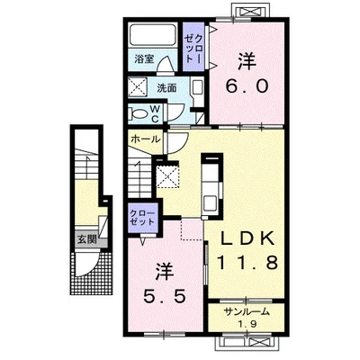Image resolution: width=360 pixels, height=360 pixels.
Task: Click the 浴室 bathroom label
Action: point(144,59)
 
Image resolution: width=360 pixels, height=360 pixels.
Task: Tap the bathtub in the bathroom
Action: point(153,35)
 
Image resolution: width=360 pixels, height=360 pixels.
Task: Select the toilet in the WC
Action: point(138,113)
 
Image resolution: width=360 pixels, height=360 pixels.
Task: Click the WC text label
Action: point(155,113)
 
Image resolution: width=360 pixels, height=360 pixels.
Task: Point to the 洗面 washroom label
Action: point(167,88)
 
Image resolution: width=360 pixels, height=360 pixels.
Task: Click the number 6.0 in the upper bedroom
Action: point(247,88)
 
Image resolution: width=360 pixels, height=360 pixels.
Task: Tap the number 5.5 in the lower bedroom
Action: point(164,296)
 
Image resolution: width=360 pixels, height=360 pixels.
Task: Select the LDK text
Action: point(247,238)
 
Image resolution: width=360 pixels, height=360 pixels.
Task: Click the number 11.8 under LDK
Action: point(247,263)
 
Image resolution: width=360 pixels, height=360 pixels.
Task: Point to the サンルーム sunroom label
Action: point(247,312)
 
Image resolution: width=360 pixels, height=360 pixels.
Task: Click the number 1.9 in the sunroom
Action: point(247,324)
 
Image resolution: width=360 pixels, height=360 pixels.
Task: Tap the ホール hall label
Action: point(145,139)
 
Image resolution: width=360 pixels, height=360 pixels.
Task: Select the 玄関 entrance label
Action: point(87,239)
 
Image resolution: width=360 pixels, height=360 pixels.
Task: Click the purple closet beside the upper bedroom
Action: point(193,47)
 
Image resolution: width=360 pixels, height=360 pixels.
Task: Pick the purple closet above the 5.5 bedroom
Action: point(142,218)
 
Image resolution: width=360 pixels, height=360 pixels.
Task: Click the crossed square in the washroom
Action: point(138,87)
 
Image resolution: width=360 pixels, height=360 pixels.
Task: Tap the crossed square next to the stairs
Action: point(167,176)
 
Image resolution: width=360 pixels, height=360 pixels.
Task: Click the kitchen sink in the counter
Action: point(211,203)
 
